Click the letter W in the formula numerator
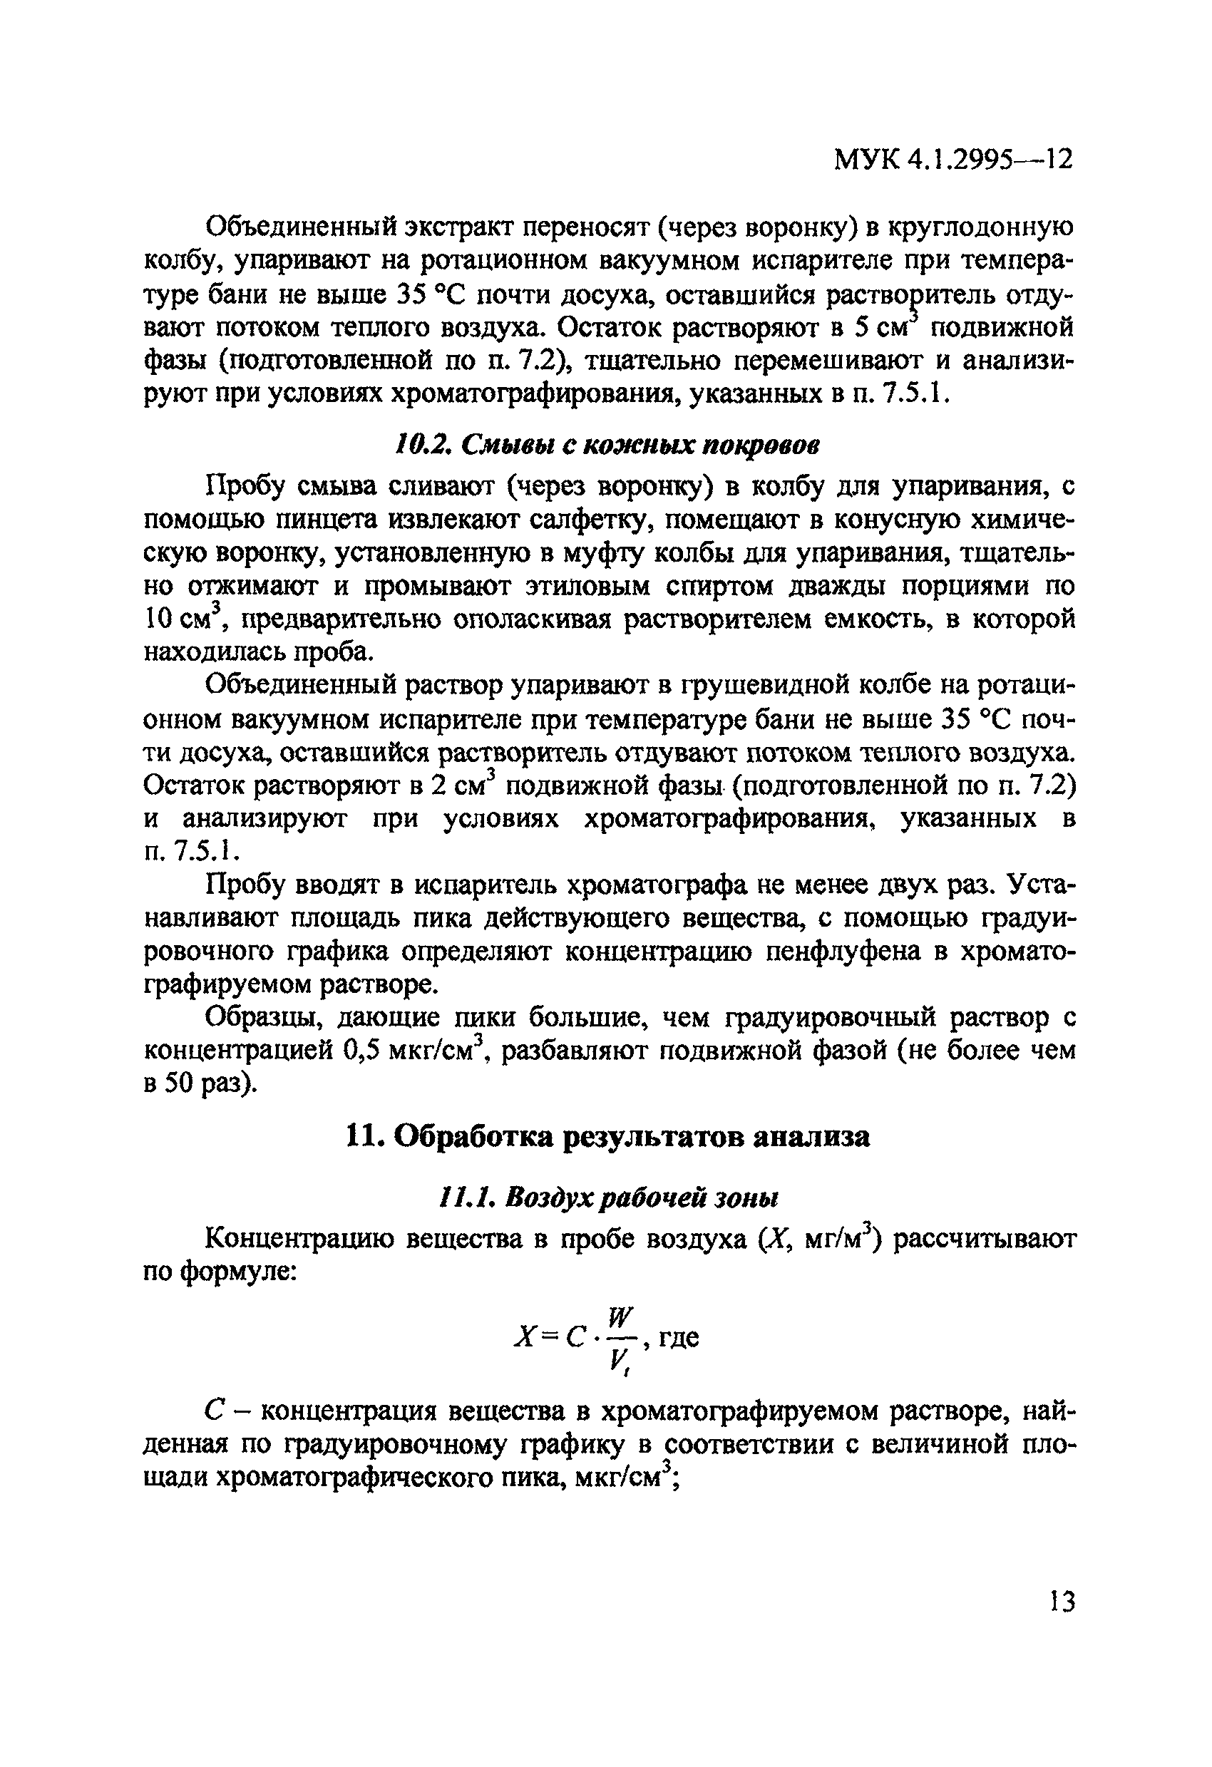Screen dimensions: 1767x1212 tap(620, 1314)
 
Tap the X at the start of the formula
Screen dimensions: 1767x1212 tap(525, 1337)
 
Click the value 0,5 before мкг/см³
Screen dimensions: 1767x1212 tap(361, 1051)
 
